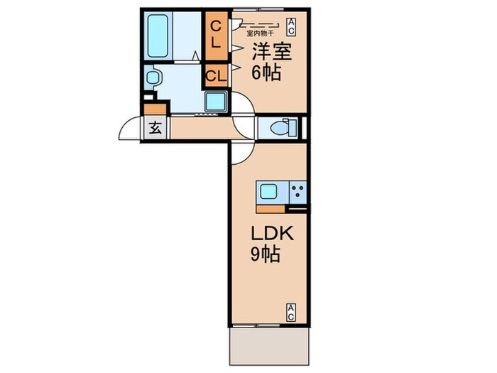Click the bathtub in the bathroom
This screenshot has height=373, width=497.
pyautogui.click(x=158, y=36)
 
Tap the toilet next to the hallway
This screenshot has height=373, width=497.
pyautogui.click(x=284, y=129)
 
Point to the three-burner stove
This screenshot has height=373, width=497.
pyautogui.click(x=298, y=192)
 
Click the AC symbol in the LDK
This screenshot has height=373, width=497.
pyautogui.click(x=291, y=313)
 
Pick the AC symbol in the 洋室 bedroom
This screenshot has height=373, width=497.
pyautogui.click(x=291, y=27)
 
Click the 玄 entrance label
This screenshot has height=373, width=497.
pyautogui.click(x=155, y=128)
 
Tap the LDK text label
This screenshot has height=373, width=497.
pyautogui.click(x=272, y=234)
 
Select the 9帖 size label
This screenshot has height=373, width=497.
pyautogui.click(x=266, y=254)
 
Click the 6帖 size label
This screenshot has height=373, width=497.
pyautogui.click(x=266, y=72)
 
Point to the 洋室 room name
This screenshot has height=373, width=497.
pyautogui.click(x=272, y=51)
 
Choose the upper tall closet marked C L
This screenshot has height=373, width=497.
pyautogui.click(x=217, y=36)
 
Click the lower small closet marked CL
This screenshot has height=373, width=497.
pyautogui.click(x=217, y=76)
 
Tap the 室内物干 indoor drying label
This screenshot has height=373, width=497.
pyautogui.click(x=260, y=33)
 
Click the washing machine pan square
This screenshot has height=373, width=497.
pyautogui.click(x=216, y=102)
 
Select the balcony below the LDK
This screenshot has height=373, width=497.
pyautogui.click(x=269, y=346)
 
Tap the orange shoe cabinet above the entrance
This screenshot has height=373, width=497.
pyautogui.click(x=155, y=109)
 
